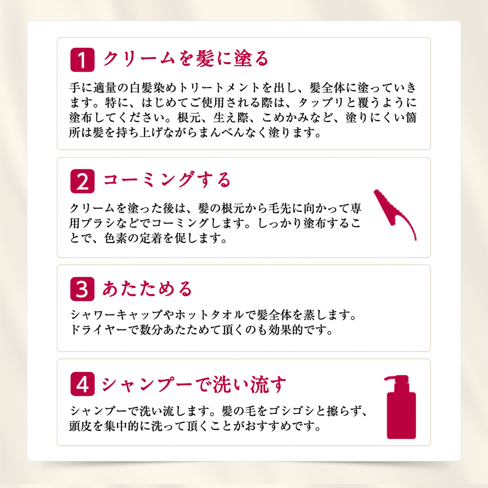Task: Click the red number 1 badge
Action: click(82, 60)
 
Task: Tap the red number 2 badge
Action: click(82, 181)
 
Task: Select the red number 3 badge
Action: click(82, 289)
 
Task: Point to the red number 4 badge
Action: click(82, 384)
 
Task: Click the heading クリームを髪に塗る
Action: click(185, 59)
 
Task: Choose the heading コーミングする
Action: click(166, 180)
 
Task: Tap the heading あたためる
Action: click(147, 288)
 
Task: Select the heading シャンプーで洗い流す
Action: click(194, 385)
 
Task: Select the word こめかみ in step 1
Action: click(285, 118)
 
